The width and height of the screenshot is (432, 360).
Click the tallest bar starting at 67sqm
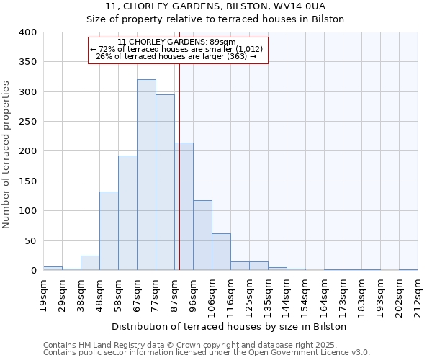pyautogui.click(x=146, y=175)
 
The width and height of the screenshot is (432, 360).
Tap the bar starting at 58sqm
pyautogui.click(x=127, y=213)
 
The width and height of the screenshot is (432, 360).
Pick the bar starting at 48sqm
pyautogui.click(x=109, y=231)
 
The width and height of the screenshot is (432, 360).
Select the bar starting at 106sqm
pyautogui.click(x=221, y=252)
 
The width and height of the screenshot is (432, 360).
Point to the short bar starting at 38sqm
pyautogui.click(x=90, y=263)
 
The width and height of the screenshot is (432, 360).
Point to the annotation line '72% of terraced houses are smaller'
pyautogui.click(x=177, y=49)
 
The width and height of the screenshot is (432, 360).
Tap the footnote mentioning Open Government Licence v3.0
pyautogui.click(x=207, y=352)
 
